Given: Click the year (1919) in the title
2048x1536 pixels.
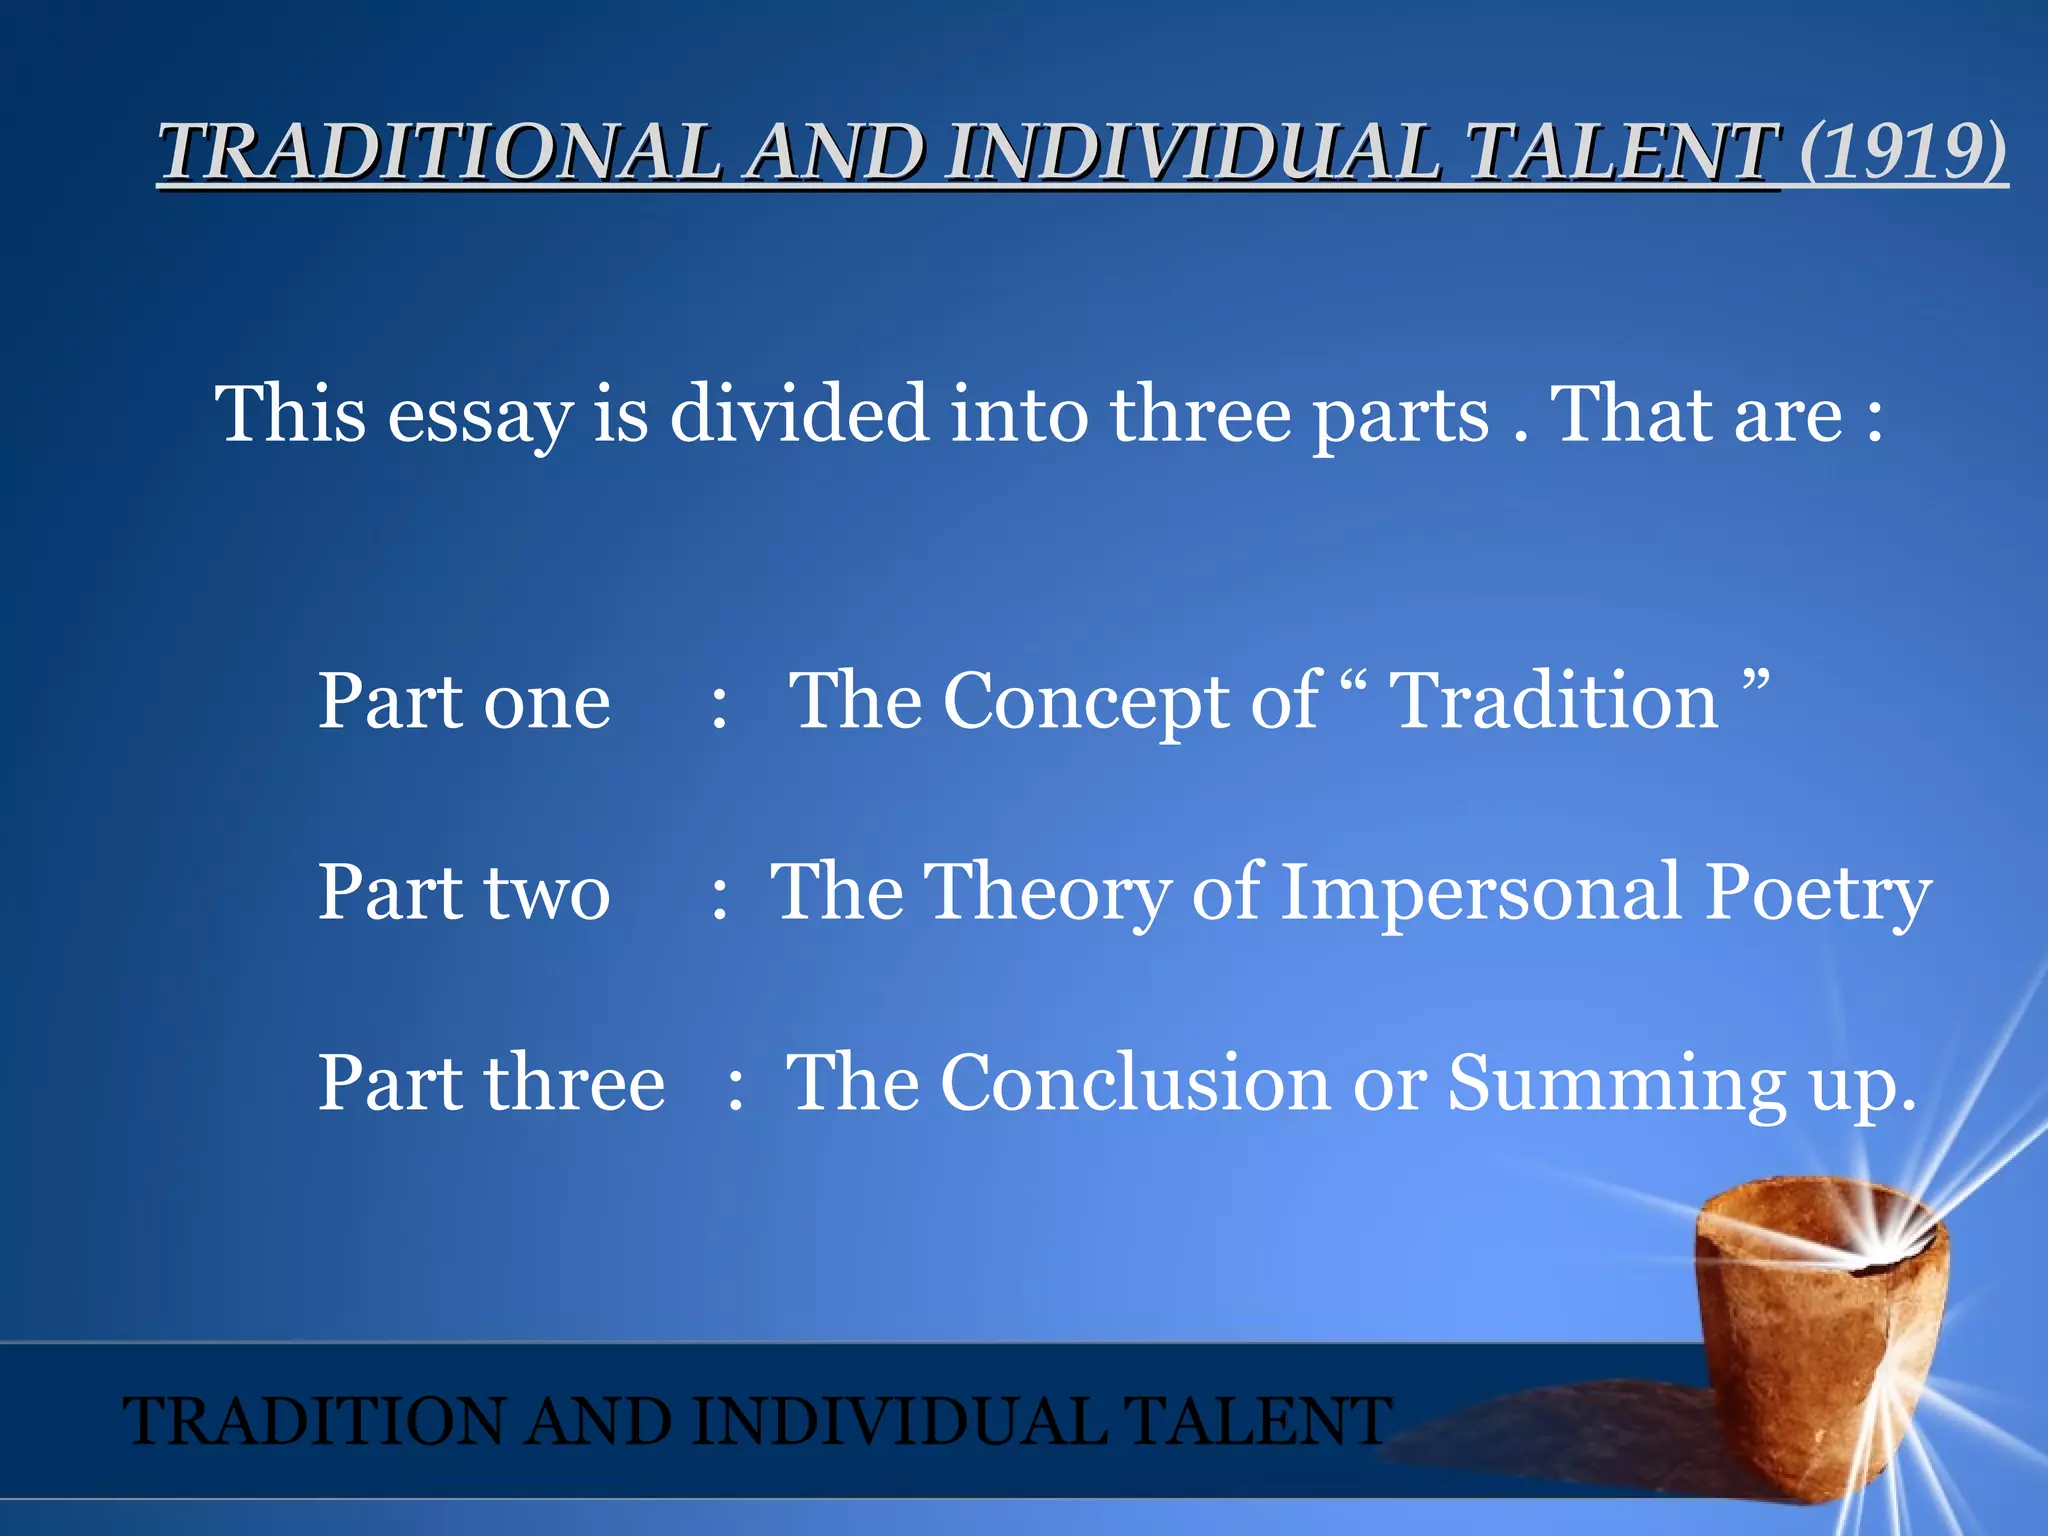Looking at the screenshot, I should tap(1903, 152).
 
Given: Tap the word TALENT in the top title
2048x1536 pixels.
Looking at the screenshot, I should tap(1622, 152).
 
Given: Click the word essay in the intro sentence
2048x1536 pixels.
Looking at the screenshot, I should tap(480, 416).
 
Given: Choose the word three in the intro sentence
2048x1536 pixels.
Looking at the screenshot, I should tap(1201, 414).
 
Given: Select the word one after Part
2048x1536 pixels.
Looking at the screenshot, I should tap(547, 702).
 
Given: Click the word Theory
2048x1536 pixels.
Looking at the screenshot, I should tap(1044, 893).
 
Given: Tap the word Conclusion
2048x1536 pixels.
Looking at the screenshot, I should tap(1134, 1083).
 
